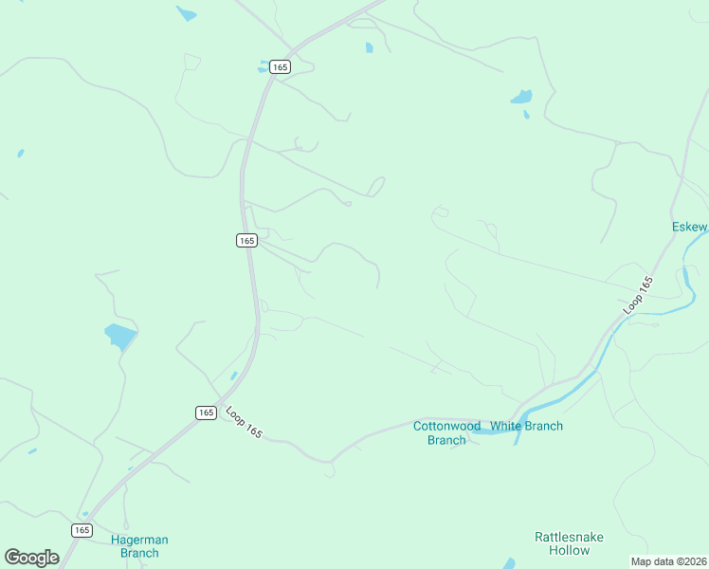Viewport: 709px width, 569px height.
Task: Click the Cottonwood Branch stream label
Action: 446,432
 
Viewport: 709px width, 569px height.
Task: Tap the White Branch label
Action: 526,426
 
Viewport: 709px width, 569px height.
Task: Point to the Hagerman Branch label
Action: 139,546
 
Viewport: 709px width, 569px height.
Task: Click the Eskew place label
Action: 689,227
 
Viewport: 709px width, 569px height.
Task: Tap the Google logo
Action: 31,557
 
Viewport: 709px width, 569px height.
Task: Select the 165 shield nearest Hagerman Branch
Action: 82,530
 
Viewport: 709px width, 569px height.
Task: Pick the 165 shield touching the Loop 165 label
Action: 207,413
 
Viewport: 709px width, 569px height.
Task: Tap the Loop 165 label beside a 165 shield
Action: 244,421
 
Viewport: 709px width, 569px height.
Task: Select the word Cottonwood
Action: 446,426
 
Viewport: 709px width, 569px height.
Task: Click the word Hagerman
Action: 139,540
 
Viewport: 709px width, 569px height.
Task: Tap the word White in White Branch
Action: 505,426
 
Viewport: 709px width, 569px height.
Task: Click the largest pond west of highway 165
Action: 120,336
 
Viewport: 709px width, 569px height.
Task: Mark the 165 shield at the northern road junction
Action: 279,66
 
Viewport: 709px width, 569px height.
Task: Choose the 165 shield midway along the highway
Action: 246,241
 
